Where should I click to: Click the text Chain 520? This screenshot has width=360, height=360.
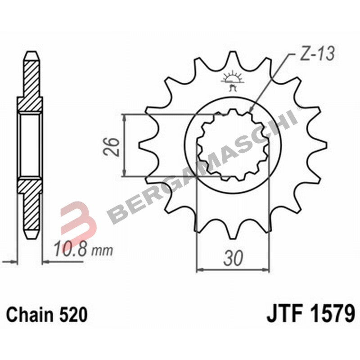pyautogui.click(x=47, y=315)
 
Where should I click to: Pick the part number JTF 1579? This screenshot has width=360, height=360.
pyautogui.click(x=311, y=314)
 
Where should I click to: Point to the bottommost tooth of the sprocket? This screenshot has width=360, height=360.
pyautogui.click(x=233, y=232)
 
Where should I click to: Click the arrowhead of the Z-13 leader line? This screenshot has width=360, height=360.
pyautogui.click(x=250, y=111)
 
